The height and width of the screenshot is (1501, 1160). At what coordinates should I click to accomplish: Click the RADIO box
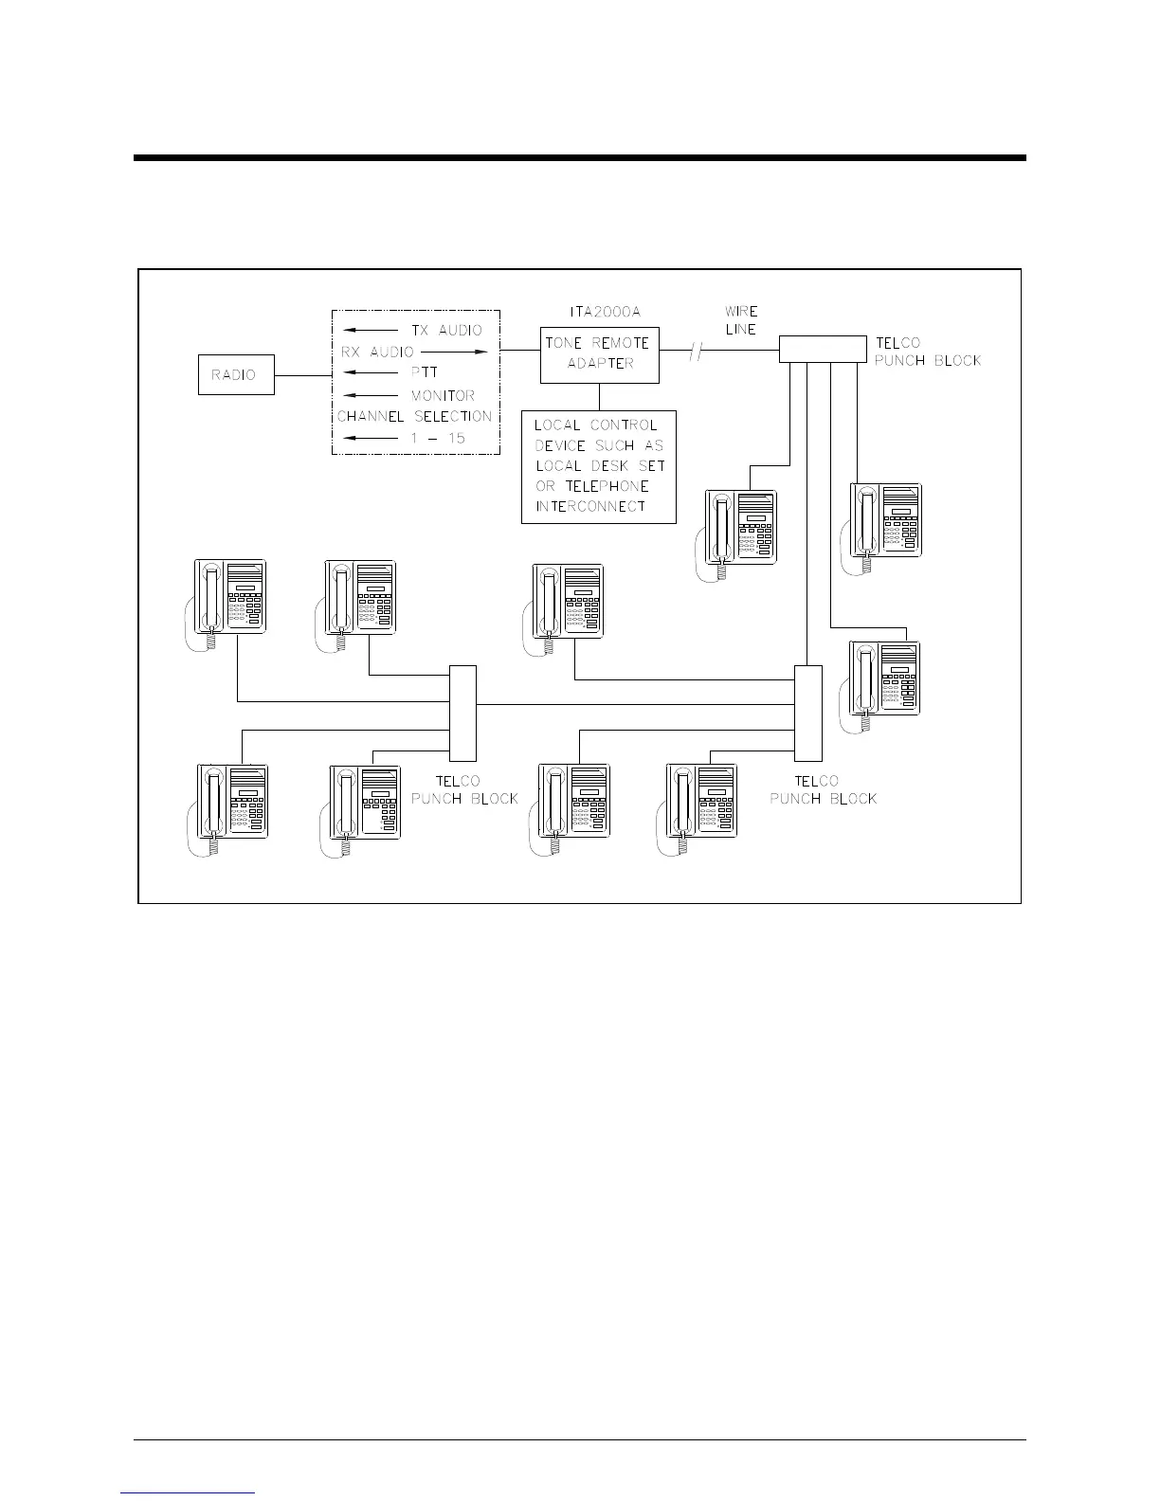click(x=236, y=375)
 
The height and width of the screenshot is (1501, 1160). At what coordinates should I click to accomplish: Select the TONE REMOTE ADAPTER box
click(x=599, y=353)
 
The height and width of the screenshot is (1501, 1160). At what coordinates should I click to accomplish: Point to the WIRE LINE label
click(x=741, y=319)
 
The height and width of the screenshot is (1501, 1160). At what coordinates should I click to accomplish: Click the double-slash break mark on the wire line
click(x=697, y=353)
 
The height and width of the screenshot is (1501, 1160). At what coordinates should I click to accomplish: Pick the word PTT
click(x=425, y=373)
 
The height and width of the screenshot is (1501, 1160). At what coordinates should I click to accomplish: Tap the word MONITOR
click(x=443, y=395)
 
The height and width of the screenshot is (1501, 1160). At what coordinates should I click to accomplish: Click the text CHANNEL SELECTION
click(x=414, y=416)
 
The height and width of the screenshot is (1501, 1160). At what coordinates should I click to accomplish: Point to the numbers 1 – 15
click(x=438, y=439)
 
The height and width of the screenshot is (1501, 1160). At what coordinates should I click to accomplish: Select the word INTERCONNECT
click(x=590, y=506)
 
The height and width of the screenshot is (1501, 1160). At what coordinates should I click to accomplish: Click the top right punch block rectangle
click(x=822, y=349)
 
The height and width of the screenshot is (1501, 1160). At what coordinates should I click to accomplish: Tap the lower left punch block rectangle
click(x=462, y=713)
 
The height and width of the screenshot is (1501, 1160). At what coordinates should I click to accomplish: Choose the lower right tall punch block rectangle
click(x=807, y=713)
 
